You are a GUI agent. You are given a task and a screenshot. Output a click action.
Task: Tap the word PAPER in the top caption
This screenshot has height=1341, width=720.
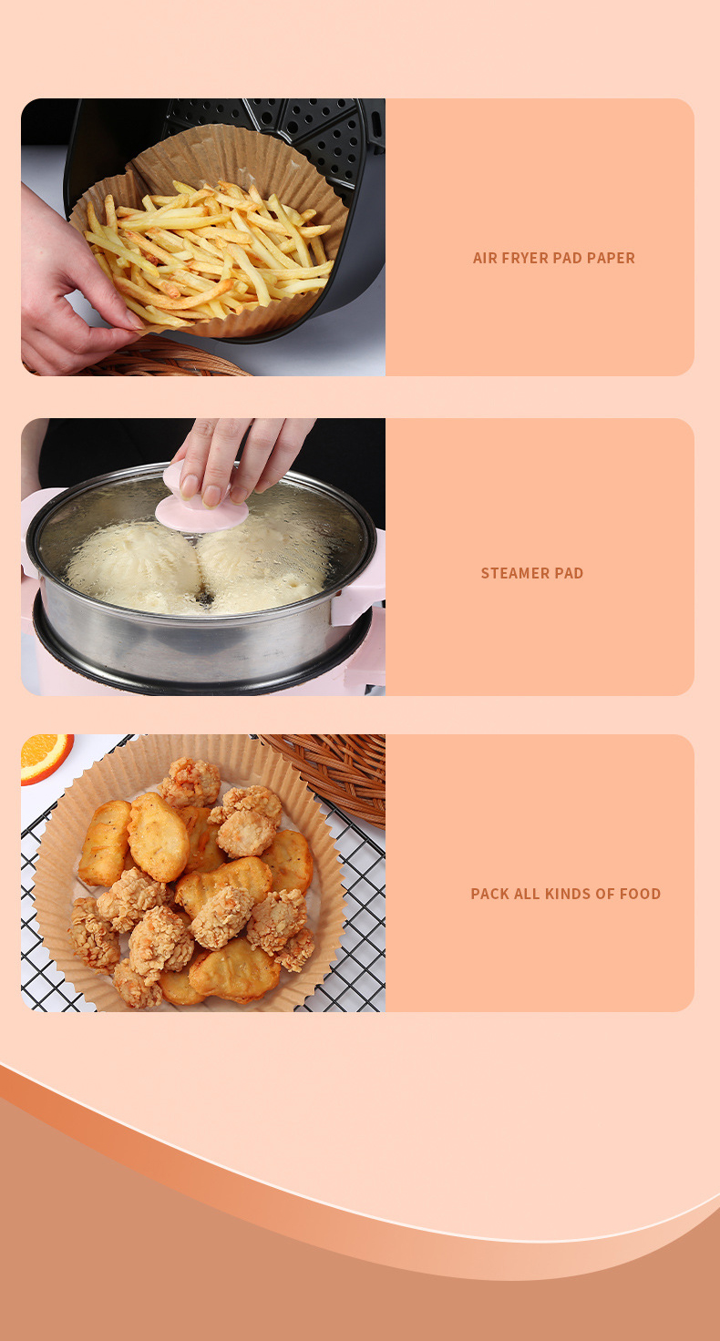tap(611, 258)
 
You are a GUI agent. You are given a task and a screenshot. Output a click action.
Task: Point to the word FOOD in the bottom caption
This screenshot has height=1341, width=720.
tap(641, 894)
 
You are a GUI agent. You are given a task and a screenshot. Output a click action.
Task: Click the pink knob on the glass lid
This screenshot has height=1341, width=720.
tap(201, 504)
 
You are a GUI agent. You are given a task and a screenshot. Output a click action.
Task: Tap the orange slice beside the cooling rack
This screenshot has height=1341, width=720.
tap(46, 757)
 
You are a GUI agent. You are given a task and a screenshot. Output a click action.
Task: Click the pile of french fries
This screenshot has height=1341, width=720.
tap(209, 251)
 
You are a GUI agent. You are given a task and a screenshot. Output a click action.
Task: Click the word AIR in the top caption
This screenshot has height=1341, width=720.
tap(485, 258)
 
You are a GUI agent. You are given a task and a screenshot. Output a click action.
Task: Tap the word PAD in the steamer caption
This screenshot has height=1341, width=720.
tap(569, 573)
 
